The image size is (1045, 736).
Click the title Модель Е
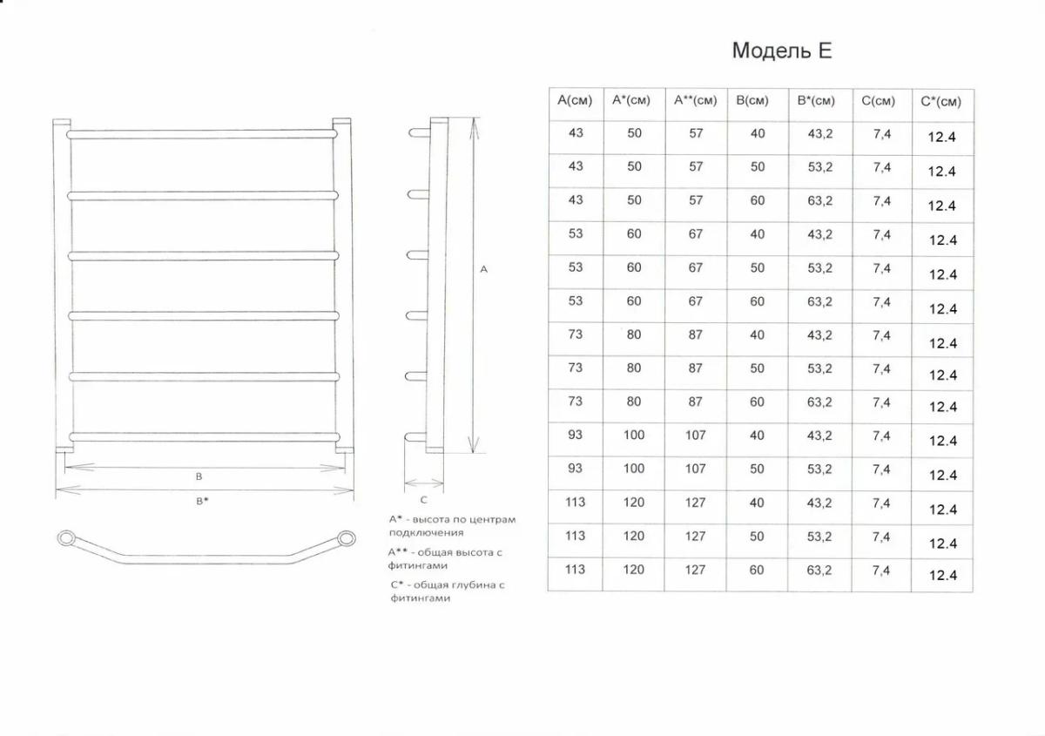(x=782, y=51)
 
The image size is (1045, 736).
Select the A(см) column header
(x=575, y=100)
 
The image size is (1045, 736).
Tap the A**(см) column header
(x=695, y=100)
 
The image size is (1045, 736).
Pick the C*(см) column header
(x=941, y=102)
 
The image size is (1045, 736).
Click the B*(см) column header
(x=816, y=101)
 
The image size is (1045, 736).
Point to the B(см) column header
(x=752, y=101)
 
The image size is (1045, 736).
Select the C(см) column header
(x=878, y=101)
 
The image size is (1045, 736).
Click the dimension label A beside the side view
(x=484, y=269)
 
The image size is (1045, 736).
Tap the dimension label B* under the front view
(x=202, y=501)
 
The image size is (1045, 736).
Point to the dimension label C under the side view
(x=423, y=500)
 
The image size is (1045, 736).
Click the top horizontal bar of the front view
(x=201, y=134)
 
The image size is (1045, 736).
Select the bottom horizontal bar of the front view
(x=205, y=437)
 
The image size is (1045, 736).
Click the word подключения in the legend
(x=426, y=532)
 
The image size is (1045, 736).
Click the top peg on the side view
(x=419, y=133)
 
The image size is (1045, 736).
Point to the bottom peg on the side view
(x=415, y=437)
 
